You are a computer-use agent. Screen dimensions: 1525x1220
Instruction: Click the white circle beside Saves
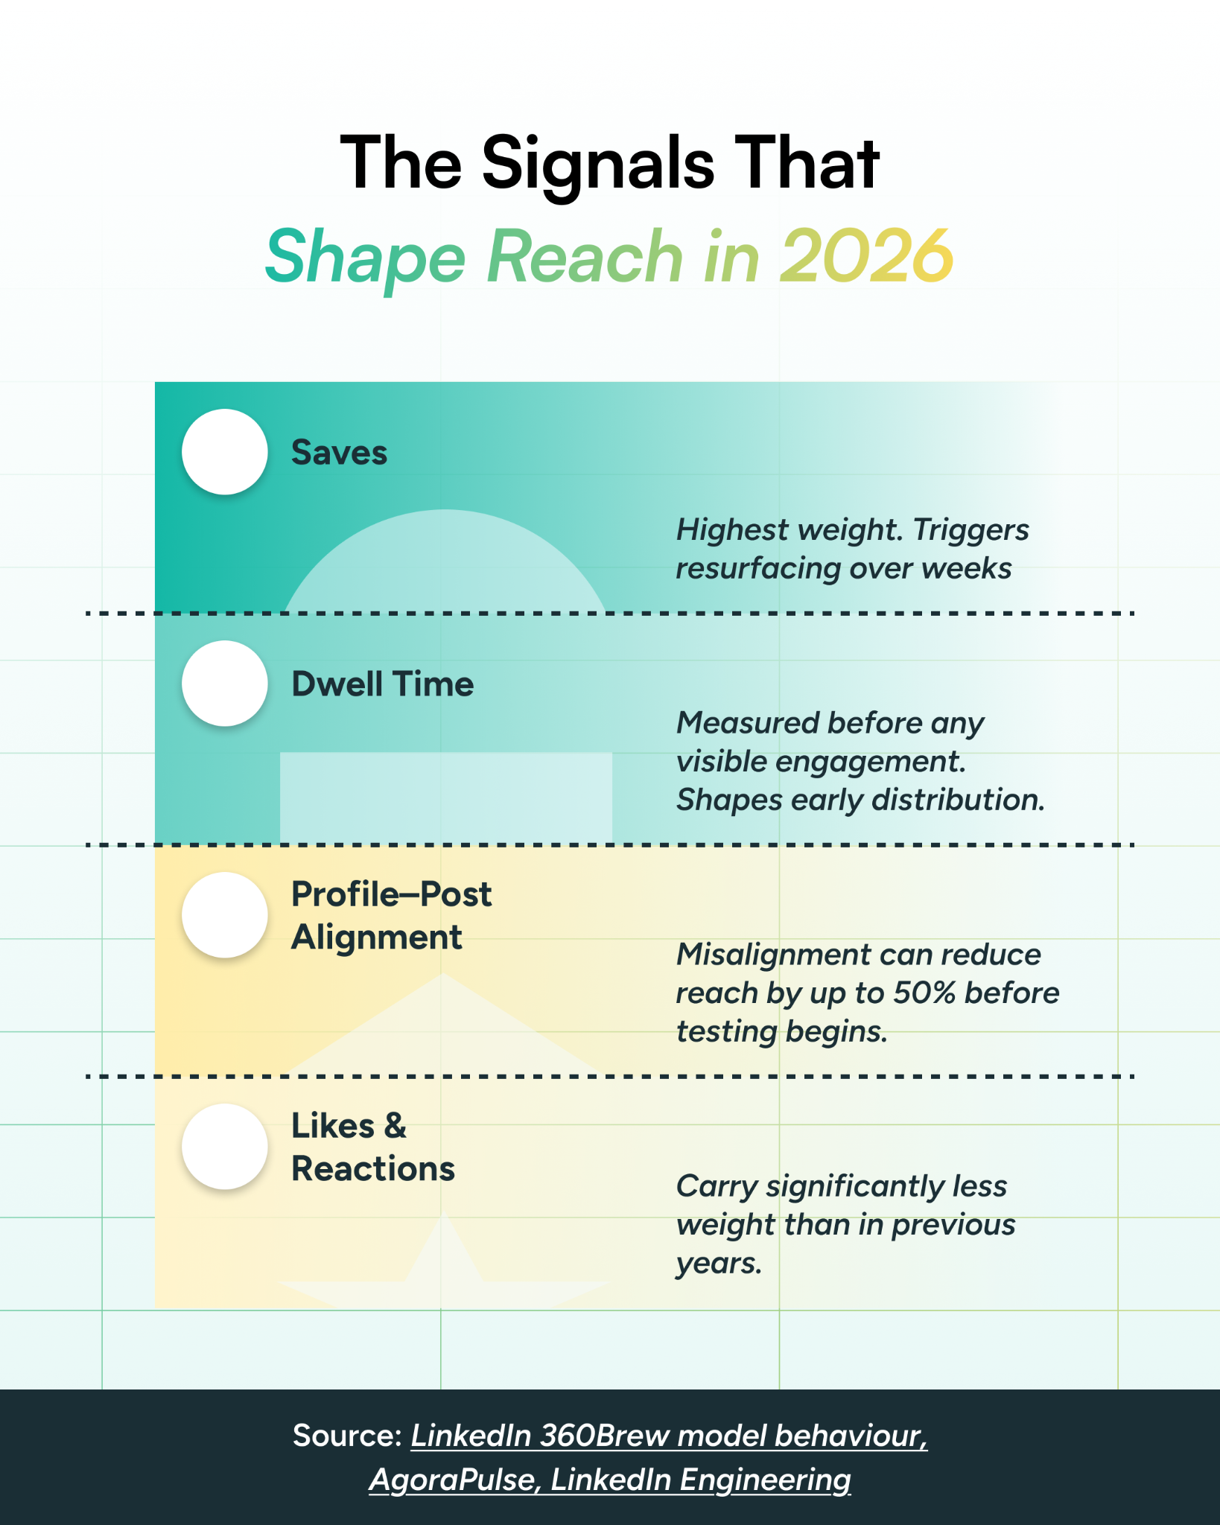[x=224, y=452]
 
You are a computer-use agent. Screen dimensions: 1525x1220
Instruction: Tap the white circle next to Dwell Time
[x=224, y=684]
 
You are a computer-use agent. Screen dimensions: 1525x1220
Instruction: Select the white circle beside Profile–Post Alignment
[x=224, y=915]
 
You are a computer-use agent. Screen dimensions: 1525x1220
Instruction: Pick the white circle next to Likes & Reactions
[x=224, y=1147]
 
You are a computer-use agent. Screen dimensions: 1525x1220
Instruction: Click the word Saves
[x=339, y=453]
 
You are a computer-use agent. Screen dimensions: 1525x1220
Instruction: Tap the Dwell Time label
[x=382, y=684]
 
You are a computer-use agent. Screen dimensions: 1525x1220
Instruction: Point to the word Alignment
[x=376, y=937]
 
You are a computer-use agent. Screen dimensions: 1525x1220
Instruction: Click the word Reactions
[x=372, y=1169]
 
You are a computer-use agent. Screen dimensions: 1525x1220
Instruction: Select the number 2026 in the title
[x=866, y=256]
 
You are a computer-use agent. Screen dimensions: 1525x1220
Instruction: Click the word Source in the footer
[x=347, y=1436]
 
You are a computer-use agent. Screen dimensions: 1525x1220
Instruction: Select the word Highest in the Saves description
[x=732, y=530]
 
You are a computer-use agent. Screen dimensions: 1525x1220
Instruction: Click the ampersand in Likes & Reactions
[x=395, y=1126]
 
